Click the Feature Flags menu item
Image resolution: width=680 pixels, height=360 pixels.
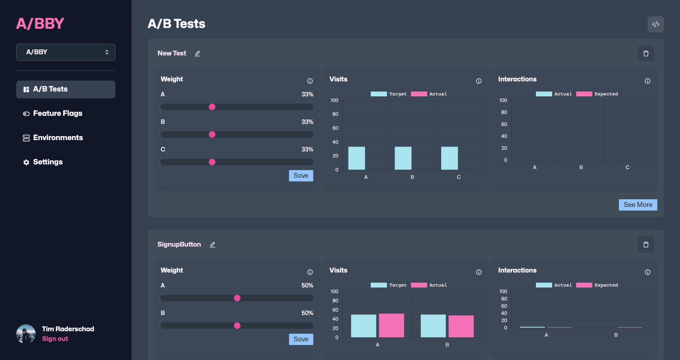pos(57,113)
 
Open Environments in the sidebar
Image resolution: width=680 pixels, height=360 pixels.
pos(58,138)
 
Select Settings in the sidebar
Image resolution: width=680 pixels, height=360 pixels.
pos(48,162)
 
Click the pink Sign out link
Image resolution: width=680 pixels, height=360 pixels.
pos(55,339)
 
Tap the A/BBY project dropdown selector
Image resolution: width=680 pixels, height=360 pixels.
pos(66,52)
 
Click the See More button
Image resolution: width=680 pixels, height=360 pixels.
pos(637,205)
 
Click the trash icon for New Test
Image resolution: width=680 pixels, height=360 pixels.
pos(646,53)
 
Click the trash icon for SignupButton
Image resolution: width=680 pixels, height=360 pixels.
pos(646,245)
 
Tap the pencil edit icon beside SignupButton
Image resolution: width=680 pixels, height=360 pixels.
pos(212,245)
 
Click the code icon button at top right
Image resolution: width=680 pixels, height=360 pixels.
pos(655,24)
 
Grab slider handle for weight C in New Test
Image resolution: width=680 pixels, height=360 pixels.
pos(212,162)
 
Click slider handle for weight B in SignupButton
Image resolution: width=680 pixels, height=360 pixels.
pos(237,326)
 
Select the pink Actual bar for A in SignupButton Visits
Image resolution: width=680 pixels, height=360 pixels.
pos(391,325)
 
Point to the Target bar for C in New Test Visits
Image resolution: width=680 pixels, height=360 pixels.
pos(449,158)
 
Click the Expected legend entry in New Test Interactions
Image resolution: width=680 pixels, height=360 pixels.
pos(597,94)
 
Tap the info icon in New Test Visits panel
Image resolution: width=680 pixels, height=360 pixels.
pos(479,81)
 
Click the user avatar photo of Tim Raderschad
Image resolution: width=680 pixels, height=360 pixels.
pos(26,334)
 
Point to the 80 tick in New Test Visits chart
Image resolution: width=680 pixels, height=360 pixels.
pos(335,114)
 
